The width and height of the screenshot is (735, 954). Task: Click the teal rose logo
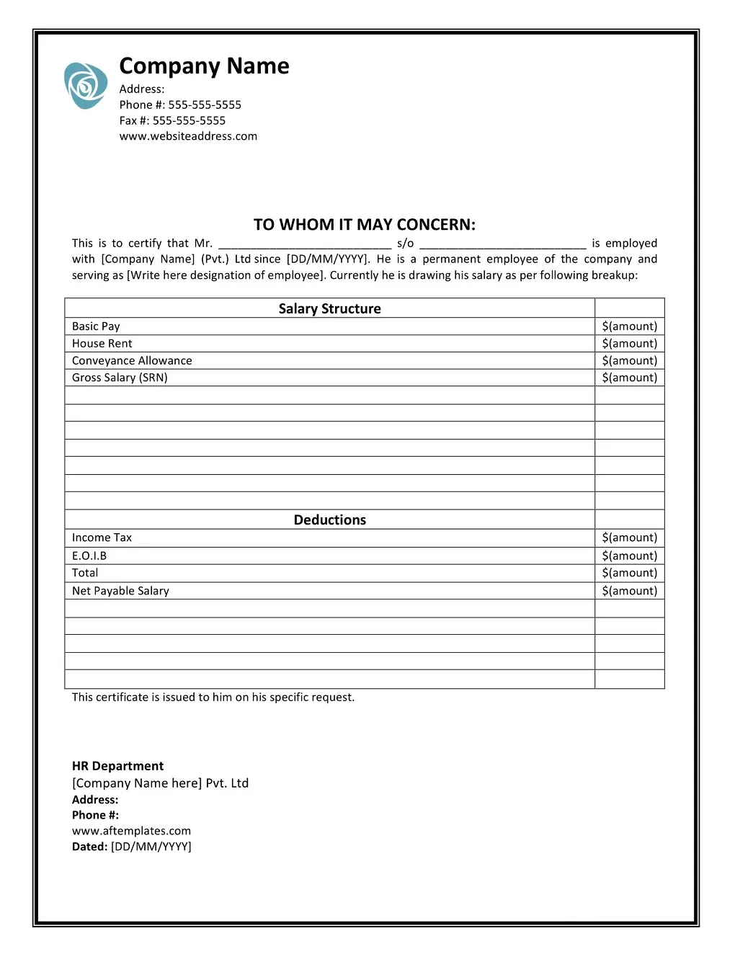pyautogui.click(x=86, y=86)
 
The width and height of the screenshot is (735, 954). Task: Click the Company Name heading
pyautogui.click(x=204, y=66)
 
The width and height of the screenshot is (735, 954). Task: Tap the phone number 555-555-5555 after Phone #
pyautogui.click(x=205, y=105)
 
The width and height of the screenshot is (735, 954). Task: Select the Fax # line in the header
pyautogui.click(x=172, y=121)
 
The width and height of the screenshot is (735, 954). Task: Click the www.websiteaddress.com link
pyautogui.click(x=188, y=136)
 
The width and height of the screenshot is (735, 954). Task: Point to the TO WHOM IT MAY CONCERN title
pyautogui.click(x=364, y=225)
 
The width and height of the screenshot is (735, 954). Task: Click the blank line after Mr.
pyautogui.click(x=304, y=244)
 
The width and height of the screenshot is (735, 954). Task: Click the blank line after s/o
pyautogui.click(x=502, y=244)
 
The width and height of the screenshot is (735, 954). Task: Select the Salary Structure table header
pyautogui.click(x=329, y=309)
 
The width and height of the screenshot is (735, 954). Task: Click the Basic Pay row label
pyautogui.click(x=96, y=326)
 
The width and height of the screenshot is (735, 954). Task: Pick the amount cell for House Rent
pyautogui.click(x=629, y=344)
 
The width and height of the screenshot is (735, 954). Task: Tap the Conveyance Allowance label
pyautogui.click(x=132, y=361)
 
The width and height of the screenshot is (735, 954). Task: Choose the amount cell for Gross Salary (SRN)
pyautogui.click(x=629, y=378)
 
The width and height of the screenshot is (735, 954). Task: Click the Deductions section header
pyautogui.click(x=329, y=520)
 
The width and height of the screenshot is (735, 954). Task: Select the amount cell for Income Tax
pyautogui.click(x=629, y=538)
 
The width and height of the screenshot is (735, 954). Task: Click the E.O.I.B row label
pyautogui.click(x=89, y=556)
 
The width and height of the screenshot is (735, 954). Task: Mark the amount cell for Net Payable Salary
pyautogui.click(x=629, y=591)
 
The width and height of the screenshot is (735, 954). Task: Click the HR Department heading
pyautogui.click(x=117, y=766)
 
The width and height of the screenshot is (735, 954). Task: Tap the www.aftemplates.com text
pyautogui.click(x=131, y=831)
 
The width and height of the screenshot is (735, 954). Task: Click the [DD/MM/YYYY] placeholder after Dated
pyautogui.click(x=151, y=847)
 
